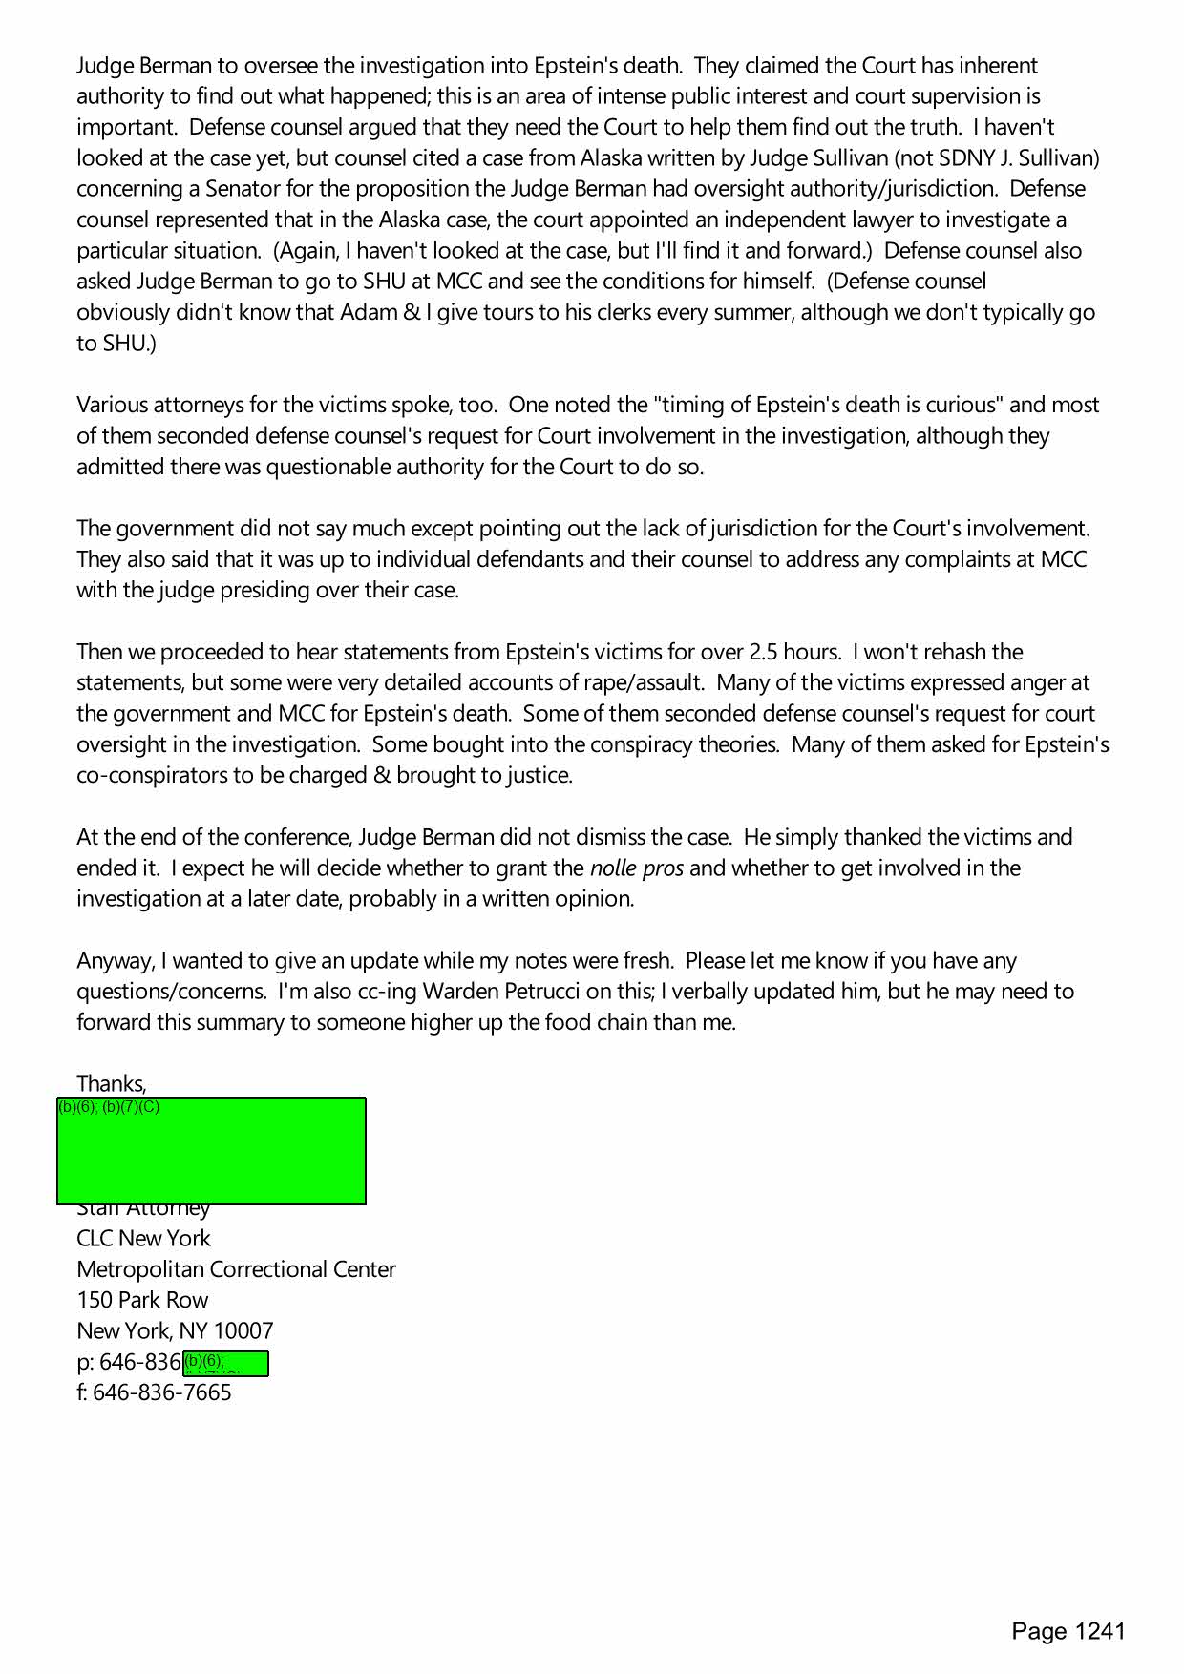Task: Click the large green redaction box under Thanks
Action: pos(211,1150)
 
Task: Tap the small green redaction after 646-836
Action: pos(225,1364)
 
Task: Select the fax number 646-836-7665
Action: pos(162,1392)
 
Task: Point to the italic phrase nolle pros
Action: pos(636,868)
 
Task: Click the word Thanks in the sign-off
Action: pos(111,1084)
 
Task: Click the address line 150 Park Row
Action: pos(142,1300)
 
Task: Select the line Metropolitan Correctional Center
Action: pos(236,1269)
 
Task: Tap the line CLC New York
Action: pos(143,1238)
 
